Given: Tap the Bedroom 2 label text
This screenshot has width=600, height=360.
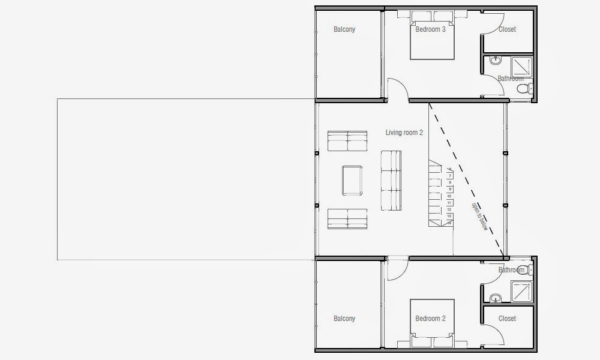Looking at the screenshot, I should click(x=430, y=319).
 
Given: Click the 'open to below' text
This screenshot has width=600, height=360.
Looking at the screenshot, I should click(x=479, y=215).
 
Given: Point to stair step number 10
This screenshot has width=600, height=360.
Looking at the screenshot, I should click(x=449, y=196).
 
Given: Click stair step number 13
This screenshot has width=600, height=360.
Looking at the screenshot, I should click(x=449, y=215).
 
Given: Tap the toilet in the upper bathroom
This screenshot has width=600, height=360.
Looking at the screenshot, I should click(x=523, y=89).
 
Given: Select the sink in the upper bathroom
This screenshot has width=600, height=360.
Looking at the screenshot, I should click(x=496, y=61).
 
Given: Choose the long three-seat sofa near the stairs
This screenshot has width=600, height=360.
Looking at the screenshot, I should click(x=391, y=180).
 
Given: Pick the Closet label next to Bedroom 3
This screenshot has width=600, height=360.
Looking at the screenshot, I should click(x=507, y=29).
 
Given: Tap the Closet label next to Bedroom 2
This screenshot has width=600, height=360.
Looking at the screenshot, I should click(x=507, y=319).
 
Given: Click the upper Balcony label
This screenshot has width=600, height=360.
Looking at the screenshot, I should click(x=344, y=29).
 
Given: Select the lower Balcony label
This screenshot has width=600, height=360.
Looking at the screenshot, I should click(x=344, y=319).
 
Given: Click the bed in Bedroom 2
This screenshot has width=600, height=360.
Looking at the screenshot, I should click(x=430, y=327).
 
